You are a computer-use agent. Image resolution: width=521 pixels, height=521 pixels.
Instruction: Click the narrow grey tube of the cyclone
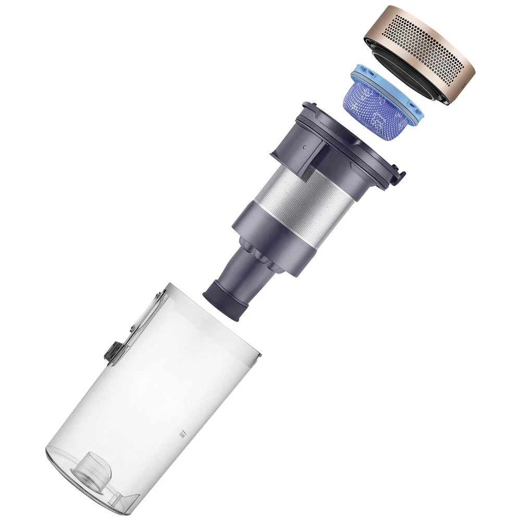click(240, 276)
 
